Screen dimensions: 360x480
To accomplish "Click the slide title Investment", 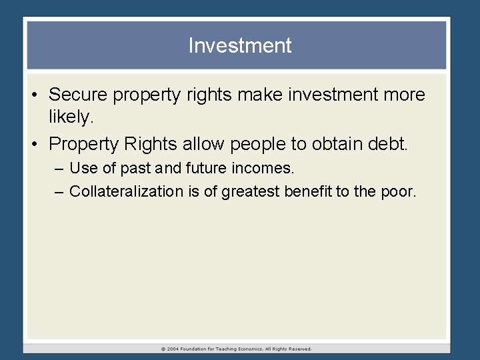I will coord(240,45).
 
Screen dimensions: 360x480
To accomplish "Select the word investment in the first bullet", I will coord(331,95).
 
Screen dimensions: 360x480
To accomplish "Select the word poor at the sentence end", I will coord(400,191).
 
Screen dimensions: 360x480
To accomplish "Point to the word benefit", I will coord(307,191).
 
